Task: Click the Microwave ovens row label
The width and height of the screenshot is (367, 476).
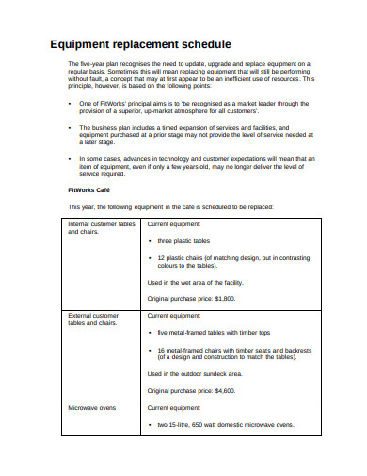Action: (x=91, y=408)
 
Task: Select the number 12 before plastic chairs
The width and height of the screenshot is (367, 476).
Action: (x=162, y=256)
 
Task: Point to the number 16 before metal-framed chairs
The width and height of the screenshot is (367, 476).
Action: (x=162, y=349)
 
